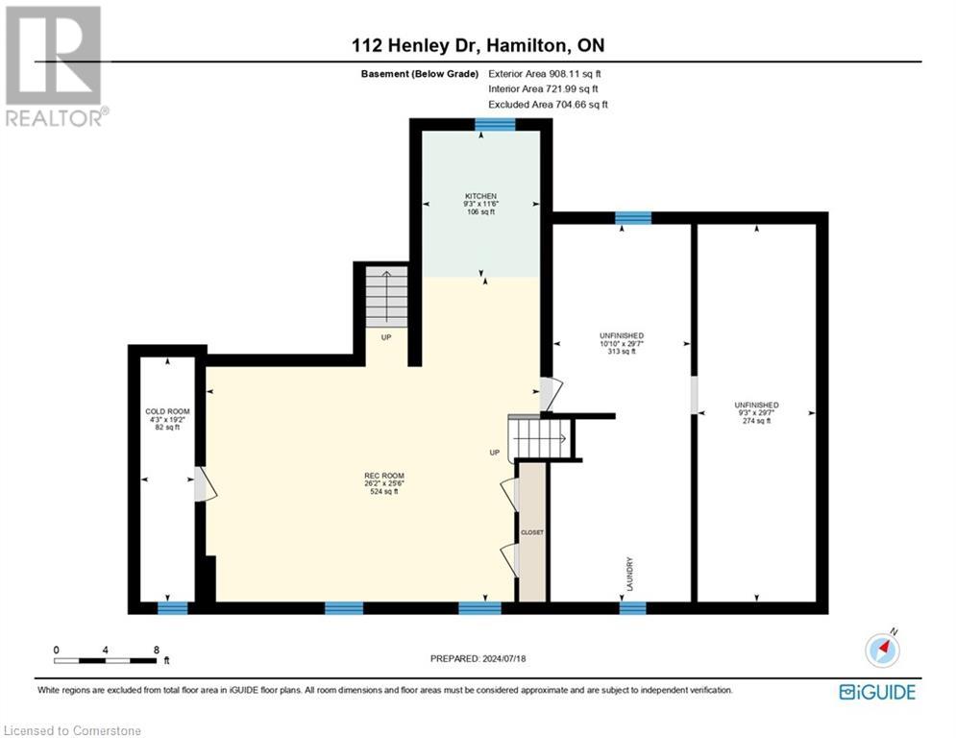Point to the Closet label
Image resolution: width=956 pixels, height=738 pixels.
[x=532, y=532]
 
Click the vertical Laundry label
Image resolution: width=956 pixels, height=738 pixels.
[x=630, y=574]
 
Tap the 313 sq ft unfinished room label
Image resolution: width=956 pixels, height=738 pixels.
[x=622, y=343]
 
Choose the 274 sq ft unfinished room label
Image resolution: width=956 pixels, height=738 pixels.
[x=756, y=413]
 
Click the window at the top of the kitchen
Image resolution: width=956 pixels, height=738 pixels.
[x=495, y=125]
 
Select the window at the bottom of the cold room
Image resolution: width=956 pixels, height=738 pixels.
[x=173, y=608]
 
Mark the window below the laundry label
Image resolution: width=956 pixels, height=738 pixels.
[x=633, y=608]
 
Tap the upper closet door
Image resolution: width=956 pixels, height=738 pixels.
[x=509, y=494]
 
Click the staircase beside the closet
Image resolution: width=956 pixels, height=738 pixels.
[x=539, y=436]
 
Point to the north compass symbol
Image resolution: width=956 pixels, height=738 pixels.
[x=882, y=649]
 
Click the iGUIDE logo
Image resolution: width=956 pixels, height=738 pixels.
[x=877, y=692]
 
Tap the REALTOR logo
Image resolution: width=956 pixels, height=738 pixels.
[x=55, y=65]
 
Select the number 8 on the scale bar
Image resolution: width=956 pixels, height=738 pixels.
[x=156, y=651]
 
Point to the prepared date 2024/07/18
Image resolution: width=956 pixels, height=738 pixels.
[x=504, y=658]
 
